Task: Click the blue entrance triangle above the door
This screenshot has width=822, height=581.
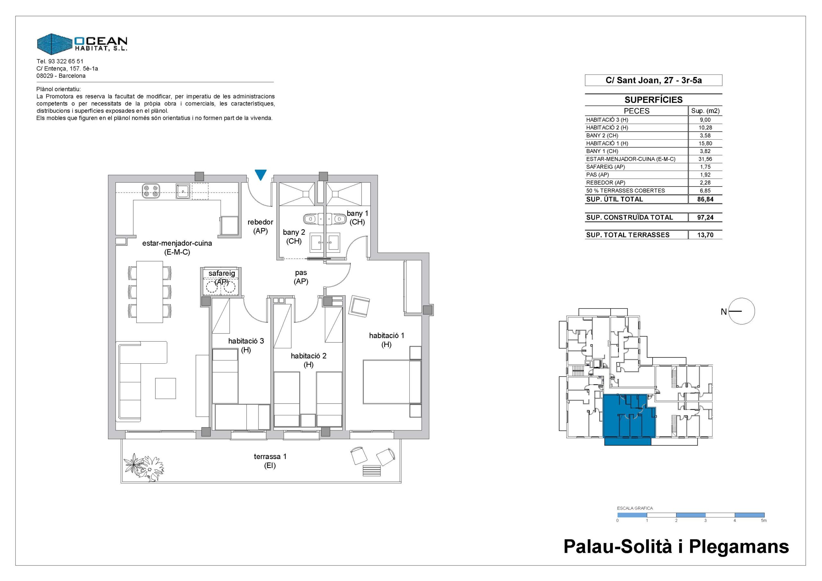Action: pyautogui.click(x=261, y=175)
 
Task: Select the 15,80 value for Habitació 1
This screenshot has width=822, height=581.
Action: pyautogui.click(x=705, y=143)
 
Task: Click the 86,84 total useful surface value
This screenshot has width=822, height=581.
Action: pyautogui.click(x=705, y=199)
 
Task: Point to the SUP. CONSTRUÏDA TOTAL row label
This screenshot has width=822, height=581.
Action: pyautogui.click(x=629, y=217)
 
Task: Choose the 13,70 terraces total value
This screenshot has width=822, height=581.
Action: pyautogui.click(x=705, y=235)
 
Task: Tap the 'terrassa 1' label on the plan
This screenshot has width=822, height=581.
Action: pyautogui.click(x=270, y=456)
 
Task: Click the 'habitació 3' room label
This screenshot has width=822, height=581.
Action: pyautogui.click(x=246, y=341)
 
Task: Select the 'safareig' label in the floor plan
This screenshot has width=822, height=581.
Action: pyautogui.click(x=222, y=273)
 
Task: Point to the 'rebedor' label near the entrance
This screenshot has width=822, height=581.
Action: pyautogui.click(x=260, y=222)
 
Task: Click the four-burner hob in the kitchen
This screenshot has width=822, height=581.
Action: pyautogui.click(x=150, y=190)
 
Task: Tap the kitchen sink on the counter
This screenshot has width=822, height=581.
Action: pyautogui.click(x=183, y=191)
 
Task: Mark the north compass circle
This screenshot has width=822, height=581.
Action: pyautogui.click(x=741, y=311)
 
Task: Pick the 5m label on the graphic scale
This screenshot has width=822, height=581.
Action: pyautogui.click(x=764, y=521)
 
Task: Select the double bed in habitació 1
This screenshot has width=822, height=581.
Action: pyautogui.click(x=392, y=382)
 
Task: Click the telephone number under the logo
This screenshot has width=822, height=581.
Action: pyautogui.click(x=60, y=61)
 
